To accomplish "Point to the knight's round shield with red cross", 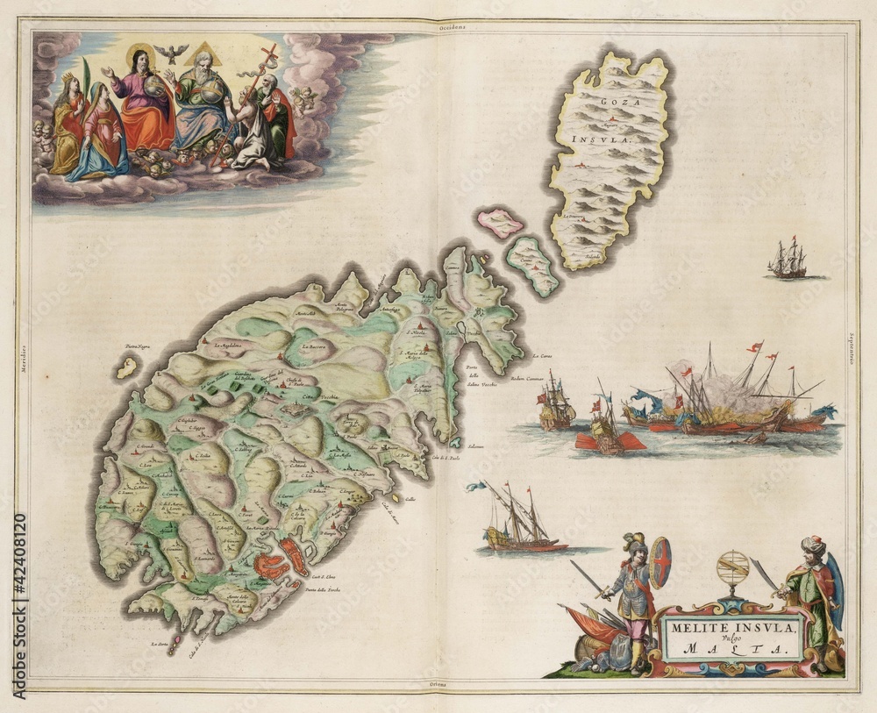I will pyautogui.click(x=660, y=562).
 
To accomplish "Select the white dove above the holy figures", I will pyautogui.click(x=170, y=53).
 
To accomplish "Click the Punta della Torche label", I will pyautogui.click(x=323, y=589).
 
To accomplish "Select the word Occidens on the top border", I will pyautogui.click(x=453, y=28).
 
